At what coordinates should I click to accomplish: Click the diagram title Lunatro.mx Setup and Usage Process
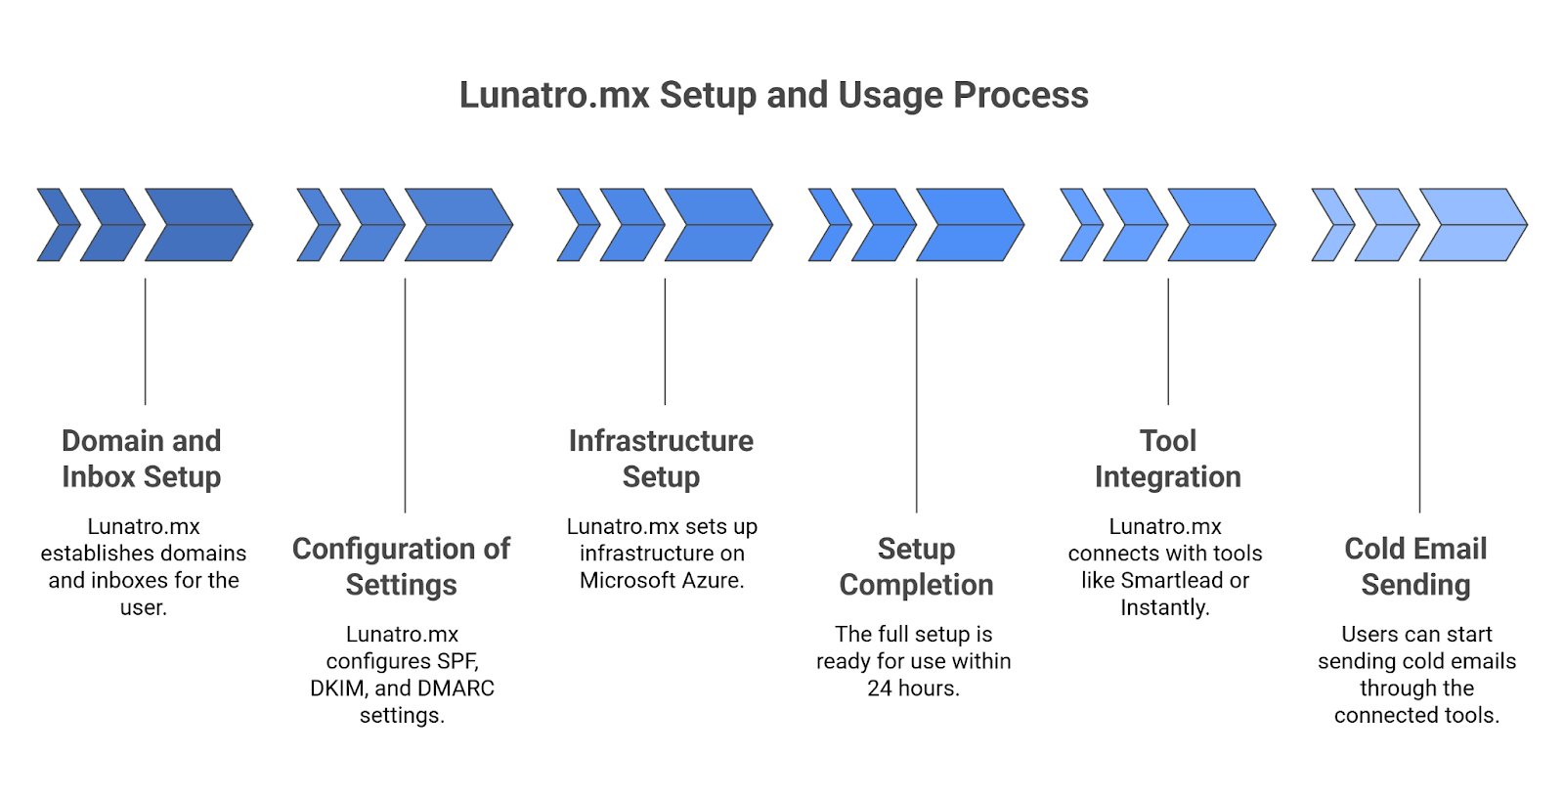(x=773, y=95)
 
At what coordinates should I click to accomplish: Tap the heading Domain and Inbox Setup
(x=142, y=459)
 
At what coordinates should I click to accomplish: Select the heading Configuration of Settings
(x=401, y=566)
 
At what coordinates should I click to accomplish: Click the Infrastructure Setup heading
(x=661, y=459)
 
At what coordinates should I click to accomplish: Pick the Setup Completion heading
(x=916, y=566)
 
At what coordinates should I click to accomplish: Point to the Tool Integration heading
(x=1167, y=459)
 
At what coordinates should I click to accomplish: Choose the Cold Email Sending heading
(x=1415, y=566)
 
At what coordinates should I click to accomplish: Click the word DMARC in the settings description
(x=458, y=689)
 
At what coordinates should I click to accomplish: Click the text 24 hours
(x=913, y=689)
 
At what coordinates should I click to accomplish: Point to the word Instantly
(x=1164, y=607)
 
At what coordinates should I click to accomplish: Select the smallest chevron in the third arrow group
(x=577, y=225)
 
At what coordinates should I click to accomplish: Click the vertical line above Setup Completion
(x=916, y=391)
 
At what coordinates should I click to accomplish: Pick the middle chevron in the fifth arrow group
(x=1134, y=225)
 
